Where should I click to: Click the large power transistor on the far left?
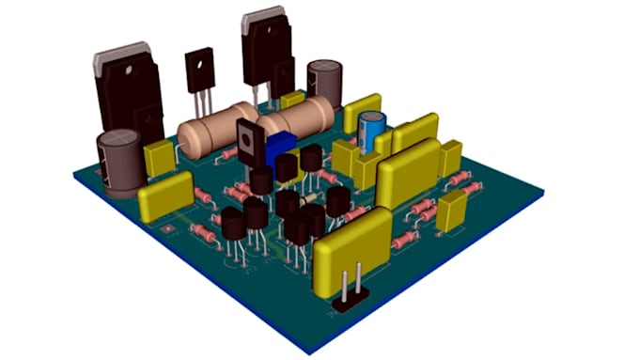[x=126, y=93]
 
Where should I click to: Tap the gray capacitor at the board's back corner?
[x=324, y=81]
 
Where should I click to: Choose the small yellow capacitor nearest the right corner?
[x=452, y=211]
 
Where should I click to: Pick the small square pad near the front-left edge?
[x=167, y=227]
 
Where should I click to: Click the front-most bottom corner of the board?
[x=310, y=352]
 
